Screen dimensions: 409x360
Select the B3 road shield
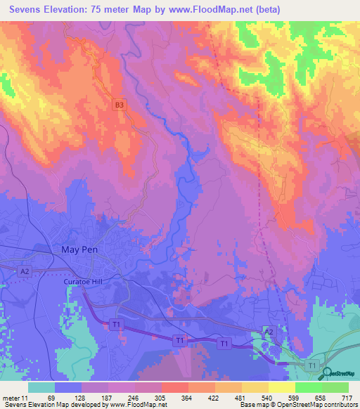click(x=120, y=105)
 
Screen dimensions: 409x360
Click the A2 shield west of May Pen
click(x=25, y=271)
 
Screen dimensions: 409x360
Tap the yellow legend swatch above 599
click(x=282, y=387)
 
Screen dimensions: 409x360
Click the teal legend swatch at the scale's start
click(x=41, y=387)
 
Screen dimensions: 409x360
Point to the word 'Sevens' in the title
click(x=31, y=9)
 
